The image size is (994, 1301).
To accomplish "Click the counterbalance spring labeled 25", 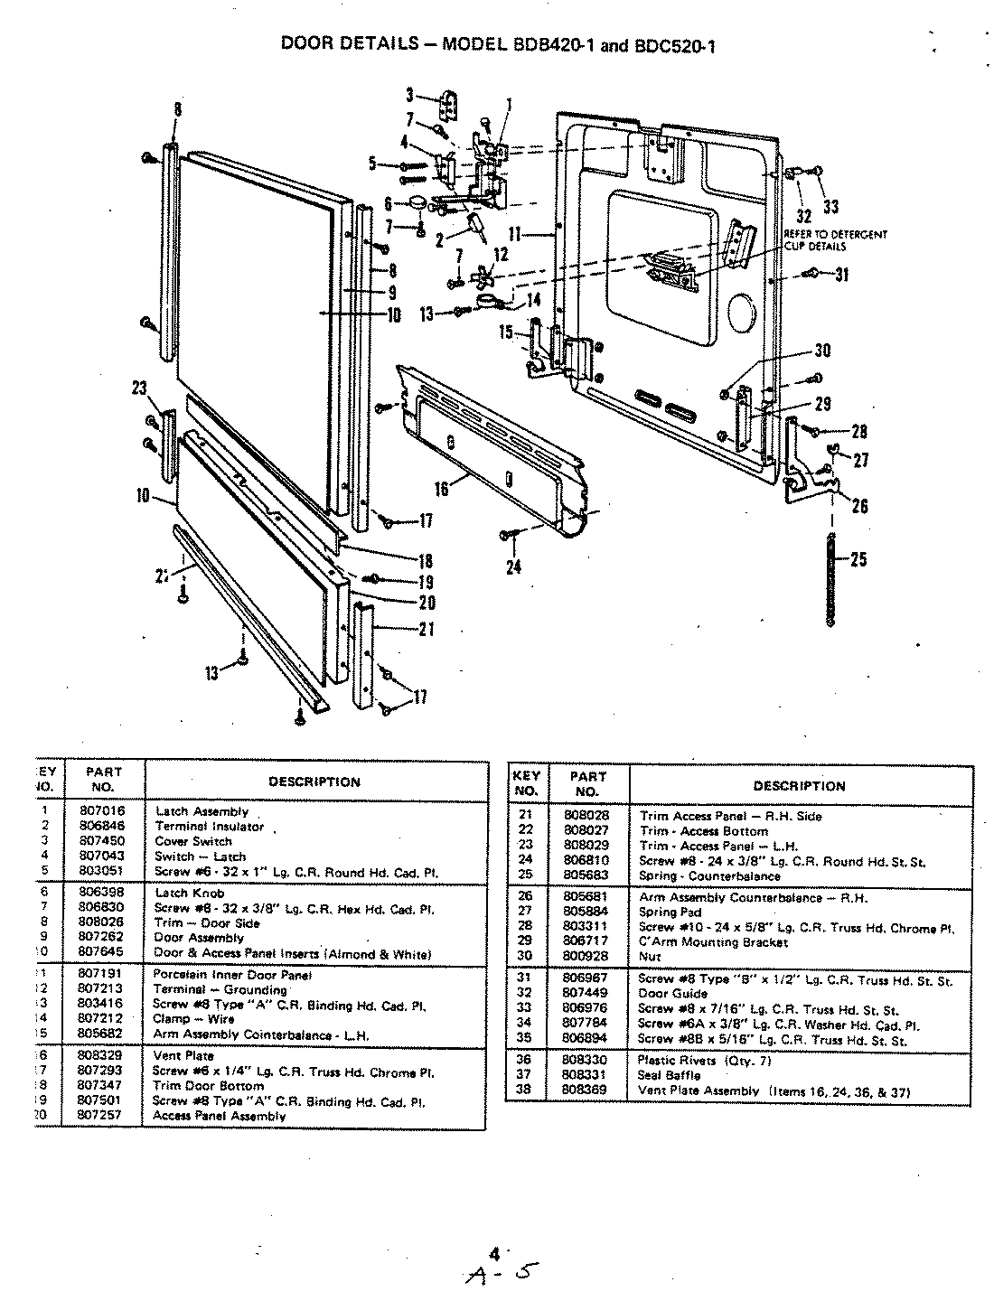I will point(830,578).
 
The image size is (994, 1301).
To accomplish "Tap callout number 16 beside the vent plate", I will point(442,489).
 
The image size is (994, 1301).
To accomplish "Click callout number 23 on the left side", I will point(138,389).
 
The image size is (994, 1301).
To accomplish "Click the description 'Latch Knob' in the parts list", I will point(190,894).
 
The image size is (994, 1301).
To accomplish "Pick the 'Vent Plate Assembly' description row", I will point(774,1091).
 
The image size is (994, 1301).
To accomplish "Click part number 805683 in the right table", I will point(586,875).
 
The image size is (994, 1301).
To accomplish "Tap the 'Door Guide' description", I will point(673,994).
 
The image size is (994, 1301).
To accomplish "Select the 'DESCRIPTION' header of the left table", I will point(314,782).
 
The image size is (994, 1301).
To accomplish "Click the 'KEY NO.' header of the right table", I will point(526,783).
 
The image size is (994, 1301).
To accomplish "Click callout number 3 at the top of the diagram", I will point(409,94).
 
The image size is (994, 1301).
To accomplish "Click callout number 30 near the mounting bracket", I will point(821,351).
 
